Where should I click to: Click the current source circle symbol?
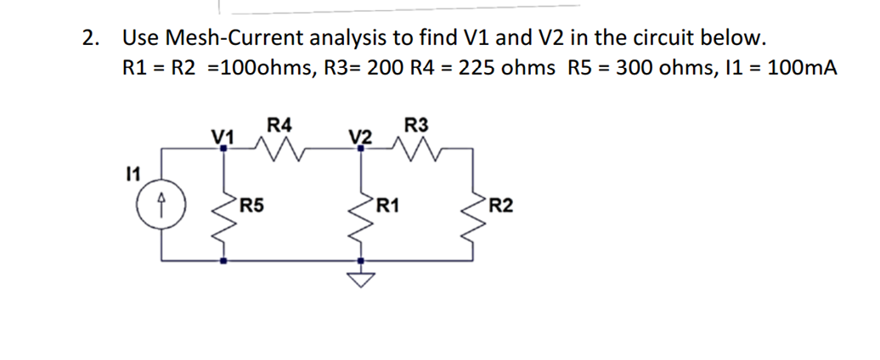pos(161,205)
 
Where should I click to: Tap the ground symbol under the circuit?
pos(362,279)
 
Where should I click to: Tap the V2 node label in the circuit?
pos(360,137)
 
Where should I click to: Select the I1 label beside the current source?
pos(131,174)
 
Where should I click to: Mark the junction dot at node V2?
pos(362,148)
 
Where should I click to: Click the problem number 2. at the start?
pos(89,38)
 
